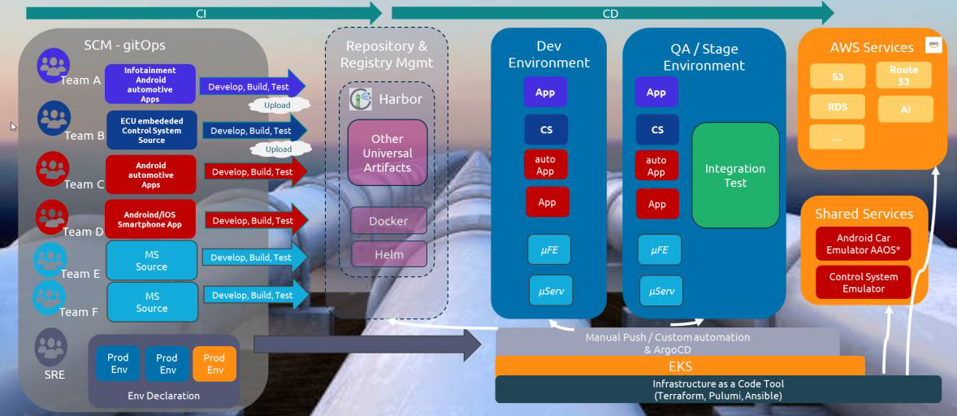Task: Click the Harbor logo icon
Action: click(x=361, y=99)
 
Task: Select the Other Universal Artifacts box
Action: click(x=388, y=153)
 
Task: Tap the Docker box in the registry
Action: click(x=388, y=221)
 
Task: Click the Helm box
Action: click(x=388, y=254)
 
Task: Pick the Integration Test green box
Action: click(x=735, y=175)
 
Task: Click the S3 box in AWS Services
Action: click(x=837, y=76)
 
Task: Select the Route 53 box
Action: click(x=903, y=76)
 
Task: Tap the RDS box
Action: click(x=837, y=107)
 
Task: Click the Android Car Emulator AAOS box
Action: click(x=864, y=244)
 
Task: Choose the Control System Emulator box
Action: click(x=864, y=283)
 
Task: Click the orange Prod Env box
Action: click(x=214, y=364)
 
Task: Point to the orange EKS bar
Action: click(x=680, y=366)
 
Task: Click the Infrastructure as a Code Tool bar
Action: click(x=718, y=389)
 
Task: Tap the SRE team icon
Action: click(x=51, y=346)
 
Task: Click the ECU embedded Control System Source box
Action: click(x=151, y=130)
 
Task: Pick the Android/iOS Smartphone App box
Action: click(x=150, y=219)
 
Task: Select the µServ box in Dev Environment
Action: click(x=550, y=291)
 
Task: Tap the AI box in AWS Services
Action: click(x=905, y=109)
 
